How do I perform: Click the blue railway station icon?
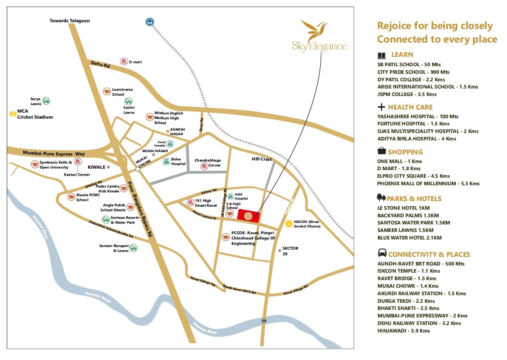coord(150,21)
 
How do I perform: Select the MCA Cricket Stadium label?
coord(35,114)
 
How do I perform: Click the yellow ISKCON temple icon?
coord(289,224)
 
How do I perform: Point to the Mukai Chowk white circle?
coord(138,169)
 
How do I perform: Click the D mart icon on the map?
coord(124,61)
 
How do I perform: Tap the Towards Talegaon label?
coord(70,21)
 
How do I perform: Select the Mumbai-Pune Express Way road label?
coord(53,153)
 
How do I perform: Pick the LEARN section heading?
coord(402,55)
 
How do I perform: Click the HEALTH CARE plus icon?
coord(381,107)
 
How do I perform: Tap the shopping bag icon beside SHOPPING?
coord(382,151)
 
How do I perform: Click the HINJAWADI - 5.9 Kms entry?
coord(403,331)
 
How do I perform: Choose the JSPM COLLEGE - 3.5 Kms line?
coord(407,94)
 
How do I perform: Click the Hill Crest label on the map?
coord(262,159)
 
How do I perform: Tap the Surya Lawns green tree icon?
coord(46,101)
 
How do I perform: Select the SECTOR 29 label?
coord(290,251)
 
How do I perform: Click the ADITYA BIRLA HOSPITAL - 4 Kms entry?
coord(417,139)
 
